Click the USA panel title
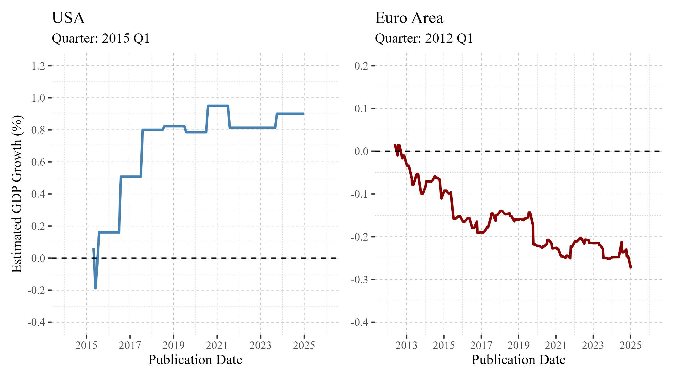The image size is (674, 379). point(68,18)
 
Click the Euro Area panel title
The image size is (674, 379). point(409,18)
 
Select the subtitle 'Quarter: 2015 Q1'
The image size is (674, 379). point(101,38)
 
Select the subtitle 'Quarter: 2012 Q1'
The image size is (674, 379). point(424,38)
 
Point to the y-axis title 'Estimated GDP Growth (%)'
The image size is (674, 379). point(17,194)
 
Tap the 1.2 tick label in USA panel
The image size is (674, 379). point(38,66)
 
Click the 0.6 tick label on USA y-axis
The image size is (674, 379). point(38,162)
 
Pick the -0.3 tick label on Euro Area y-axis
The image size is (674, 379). point(359,280)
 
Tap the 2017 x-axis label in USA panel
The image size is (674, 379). point(130,345)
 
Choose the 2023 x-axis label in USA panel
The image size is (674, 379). point(260,345)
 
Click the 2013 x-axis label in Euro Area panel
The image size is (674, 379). point(406,345)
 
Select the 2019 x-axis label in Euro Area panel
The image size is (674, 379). point(518,345)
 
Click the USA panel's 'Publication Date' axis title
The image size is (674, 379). point(195,360)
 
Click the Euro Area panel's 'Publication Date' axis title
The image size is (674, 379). point(518,360)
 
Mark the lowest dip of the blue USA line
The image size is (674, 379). point(95,288)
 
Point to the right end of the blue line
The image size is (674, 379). point(304,114)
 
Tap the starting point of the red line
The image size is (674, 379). point(395,145)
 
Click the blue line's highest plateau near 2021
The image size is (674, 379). point(218,106)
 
